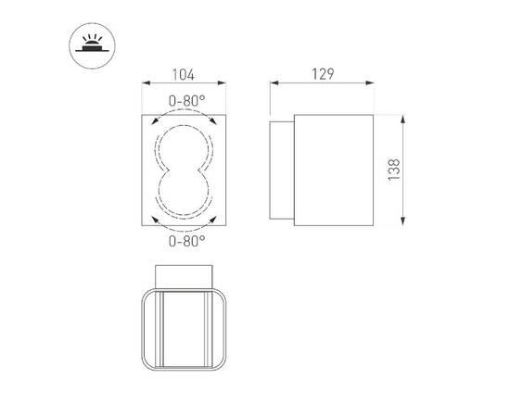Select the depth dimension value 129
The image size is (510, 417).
click(322, 73)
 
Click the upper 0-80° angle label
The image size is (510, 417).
click(186, 100)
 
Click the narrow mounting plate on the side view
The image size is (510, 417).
click(281, 171)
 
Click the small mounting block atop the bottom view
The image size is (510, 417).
click(186, 275)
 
